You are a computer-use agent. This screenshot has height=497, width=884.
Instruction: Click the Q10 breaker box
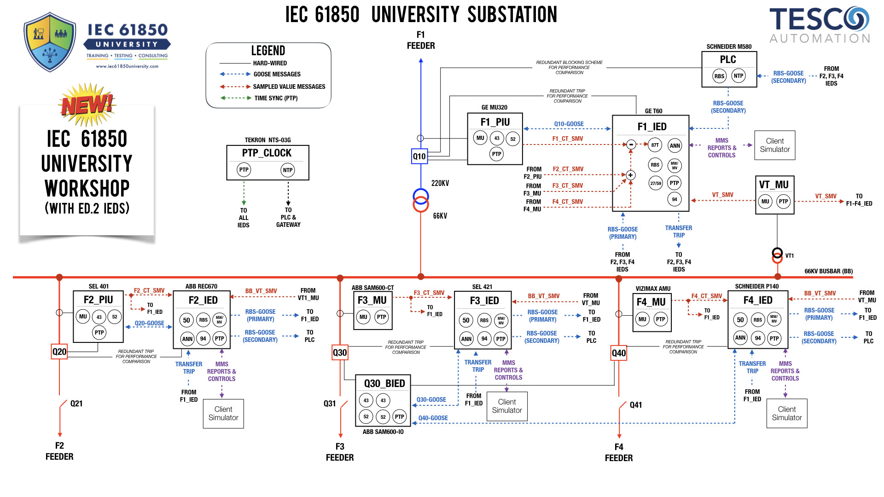click(x=419, y=156)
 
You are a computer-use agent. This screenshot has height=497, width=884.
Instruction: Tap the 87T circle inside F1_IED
click(x=655, y=145)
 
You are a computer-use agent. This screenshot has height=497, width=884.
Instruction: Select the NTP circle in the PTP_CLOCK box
click(x=288, y=170)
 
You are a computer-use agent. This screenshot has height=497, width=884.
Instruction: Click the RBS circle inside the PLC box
click(x=719, y=76)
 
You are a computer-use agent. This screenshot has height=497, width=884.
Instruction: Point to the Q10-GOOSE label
click(x=569, y=124)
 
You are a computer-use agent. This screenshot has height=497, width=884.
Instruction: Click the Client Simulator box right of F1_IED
click(x=774, y=145)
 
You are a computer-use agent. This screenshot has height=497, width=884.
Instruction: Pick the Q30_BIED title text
click(x=384, y=384)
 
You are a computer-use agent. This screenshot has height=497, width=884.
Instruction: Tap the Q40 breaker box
click(x=618, y=353)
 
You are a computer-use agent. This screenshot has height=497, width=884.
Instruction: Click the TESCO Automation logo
click(x=820, y=25)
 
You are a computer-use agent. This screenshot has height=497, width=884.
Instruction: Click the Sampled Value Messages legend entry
click(x=289, y=87)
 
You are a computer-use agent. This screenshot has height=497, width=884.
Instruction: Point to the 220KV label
click(x=440, y=183)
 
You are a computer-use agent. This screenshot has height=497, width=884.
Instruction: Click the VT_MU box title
click(x=773, y=185)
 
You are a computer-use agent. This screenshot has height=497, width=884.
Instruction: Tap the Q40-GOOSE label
click(x=433, y=418)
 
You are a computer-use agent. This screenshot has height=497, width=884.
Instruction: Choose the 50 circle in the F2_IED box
click(x=186, y=320)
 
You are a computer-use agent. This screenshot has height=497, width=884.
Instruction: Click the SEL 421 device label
click(x=482, y=287)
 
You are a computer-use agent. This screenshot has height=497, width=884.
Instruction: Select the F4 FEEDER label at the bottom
click(x=618, y=452)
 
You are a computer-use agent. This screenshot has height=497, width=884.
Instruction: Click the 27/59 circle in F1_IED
click(x=656, y=183)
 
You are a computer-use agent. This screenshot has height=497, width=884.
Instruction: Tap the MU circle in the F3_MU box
click(x=363, y=317)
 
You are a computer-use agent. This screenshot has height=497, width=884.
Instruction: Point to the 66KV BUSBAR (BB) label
click(x=828, y=272)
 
